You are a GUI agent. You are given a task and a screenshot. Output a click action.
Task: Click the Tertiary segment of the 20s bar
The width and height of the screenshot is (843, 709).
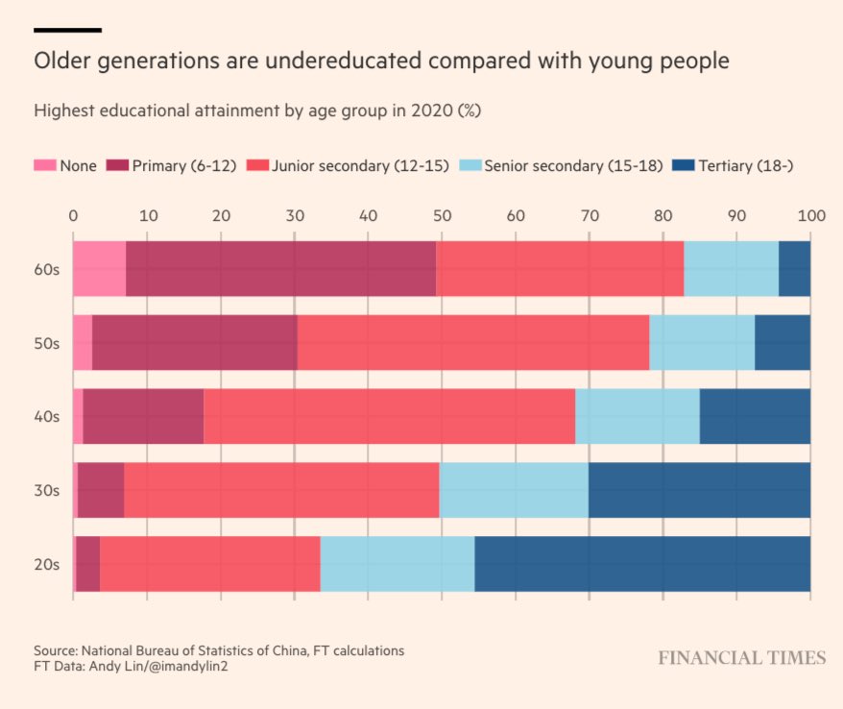(x=642, y=564)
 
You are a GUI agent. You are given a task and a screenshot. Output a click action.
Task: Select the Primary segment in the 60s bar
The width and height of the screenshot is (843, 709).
(x=280, y=268)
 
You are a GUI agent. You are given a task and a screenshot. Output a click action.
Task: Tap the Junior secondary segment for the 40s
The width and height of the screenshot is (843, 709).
(x=389, y=416)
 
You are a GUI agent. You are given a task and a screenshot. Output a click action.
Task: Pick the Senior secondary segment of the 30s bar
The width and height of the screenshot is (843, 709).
(x=514, y=490)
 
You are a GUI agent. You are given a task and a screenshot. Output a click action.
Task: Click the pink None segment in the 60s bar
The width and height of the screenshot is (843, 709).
(x=99, y=268)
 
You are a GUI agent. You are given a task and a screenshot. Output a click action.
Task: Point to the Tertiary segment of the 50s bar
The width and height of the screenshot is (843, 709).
(x=783, y=342)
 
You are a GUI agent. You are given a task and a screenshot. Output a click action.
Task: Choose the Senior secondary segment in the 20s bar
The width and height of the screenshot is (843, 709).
(x=397, y=564)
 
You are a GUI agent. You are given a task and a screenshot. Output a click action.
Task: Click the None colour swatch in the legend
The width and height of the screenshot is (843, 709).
(x=45, y=165)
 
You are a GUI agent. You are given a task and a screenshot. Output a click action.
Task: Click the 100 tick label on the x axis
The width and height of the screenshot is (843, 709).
(x=810, y=216)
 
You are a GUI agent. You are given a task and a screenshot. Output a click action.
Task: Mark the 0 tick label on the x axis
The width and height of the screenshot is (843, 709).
(x=73, y=216)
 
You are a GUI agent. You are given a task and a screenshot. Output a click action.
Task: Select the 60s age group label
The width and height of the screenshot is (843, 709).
(x=46, y=269)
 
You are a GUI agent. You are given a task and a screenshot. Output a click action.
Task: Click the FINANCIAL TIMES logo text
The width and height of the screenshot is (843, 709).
(x=741, y=658)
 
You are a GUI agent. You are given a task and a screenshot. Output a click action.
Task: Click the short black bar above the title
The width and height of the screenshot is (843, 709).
(x=67, y=30)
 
